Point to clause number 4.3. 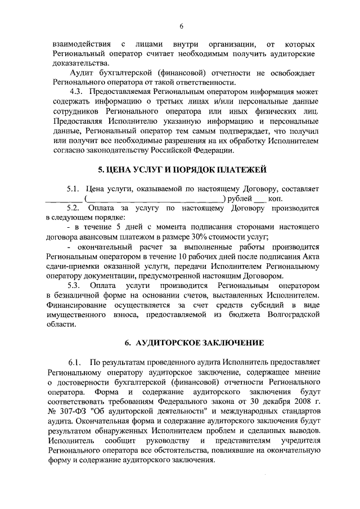(76, 92)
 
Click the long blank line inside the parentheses (154, 198)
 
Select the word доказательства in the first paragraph (72, 64)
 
